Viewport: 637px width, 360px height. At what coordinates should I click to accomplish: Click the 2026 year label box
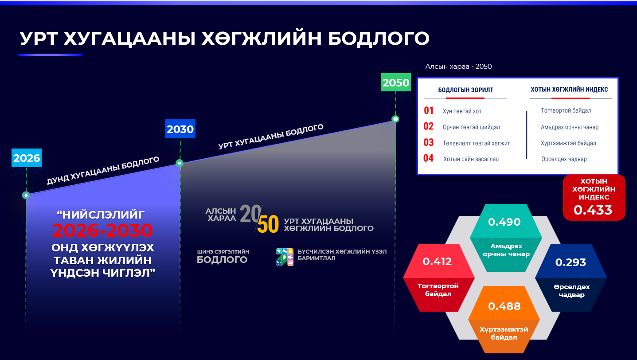click(27, 158)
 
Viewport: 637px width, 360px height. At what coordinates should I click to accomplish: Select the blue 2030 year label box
click(180, 129)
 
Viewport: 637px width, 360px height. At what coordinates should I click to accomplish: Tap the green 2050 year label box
click(395, 82)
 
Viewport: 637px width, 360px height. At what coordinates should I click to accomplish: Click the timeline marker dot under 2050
click(395, 119)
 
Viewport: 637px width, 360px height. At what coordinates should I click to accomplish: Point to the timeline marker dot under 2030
click(180, 163)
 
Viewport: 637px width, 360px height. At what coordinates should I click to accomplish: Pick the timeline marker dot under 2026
click(26, 195)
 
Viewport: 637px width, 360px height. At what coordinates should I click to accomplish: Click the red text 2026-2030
click(102, 231)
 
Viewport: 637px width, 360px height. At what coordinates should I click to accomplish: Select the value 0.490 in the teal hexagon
click(504, 222)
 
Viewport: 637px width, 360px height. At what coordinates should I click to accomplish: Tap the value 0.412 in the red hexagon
click(437, 262)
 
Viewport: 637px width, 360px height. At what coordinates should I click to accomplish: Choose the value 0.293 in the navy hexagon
click(571, 262)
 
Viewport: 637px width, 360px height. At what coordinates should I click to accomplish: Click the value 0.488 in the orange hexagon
click(504, 306)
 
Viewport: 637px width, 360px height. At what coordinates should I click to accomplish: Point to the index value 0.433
click(593, 210)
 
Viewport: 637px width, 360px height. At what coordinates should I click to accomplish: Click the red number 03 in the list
click(428, 143)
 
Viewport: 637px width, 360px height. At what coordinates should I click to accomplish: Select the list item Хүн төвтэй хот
click(462, 111)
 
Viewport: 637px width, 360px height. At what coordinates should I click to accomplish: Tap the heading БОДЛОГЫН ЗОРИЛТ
click(465, 90)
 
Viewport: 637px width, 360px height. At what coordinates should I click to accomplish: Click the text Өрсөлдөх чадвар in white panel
click(564, 159)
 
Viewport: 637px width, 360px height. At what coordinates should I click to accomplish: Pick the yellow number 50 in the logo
click(268, 224)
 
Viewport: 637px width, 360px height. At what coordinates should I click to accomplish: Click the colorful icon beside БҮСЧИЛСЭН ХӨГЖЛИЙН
click(284, 257)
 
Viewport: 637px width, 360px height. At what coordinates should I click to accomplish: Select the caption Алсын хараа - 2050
click(458, 67)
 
